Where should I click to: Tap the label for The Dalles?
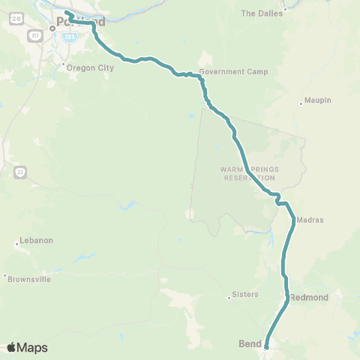[x=259, y=13]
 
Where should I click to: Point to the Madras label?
[x=310, y=220]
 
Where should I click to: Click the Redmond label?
[x=309, y=298]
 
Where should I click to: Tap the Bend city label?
[x=249, y=344]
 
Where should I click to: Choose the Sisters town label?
[x=245, y=294]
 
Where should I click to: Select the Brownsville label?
[x=29, y=279]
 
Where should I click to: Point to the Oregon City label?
[x=90, y=67]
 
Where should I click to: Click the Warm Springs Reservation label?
[x=248, y=173]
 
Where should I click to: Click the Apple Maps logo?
[x=26, y=347]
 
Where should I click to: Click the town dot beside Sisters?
[x=229, y=298]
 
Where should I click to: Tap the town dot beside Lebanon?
[x=17, y=244]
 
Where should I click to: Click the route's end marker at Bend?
[x=265, y=346]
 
